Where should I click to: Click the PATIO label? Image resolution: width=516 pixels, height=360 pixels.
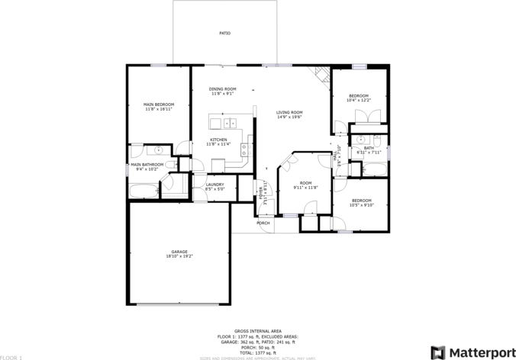225,34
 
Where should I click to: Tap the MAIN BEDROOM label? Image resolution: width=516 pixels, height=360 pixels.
159,104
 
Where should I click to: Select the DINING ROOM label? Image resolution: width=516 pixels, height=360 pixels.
223,89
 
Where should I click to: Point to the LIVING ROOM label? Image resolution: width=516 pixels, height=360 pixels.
289,112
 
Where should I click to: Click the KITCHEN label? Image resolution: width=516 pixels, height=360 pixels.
219,140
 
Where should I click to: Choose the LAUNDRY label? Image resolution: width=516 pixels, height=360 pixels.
214,184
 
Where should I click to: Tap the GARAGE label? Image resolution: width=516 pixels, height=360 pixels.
179,252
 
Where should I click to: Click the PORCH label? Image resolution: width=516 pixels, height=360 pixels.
263,223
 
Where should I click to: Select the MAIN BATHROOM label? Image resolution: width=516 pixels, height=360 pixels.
147,164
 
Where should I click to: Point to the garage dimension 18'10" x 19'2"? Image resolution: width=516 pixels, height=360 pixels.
179,256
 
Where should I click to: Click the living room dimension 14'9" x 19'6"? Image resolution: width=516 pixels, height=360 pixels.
289,117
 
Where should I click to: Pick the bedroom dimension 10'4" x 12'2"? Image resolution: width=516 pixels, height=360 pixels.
359,100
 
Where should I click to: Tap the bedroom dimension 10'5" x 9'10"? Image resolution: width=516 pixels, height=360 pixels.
361,204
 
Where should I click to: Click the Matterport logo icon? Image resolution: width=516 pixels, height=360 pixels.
438,352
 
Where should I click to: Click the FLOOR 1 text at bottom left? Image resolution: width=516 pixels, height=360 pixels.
11,357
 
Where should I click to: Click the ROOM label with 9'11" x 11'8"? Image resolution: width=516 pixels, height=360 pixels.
305,182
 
